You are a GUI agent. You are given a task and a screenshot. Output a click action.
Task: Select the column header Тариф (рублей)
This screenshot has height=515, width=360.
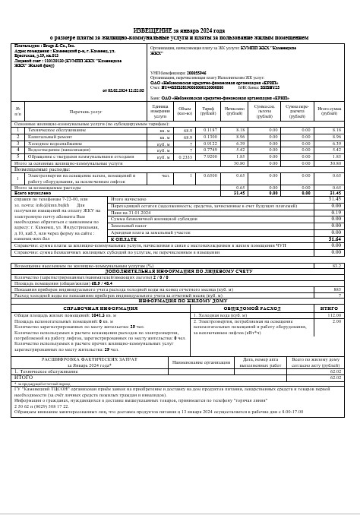207,112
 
